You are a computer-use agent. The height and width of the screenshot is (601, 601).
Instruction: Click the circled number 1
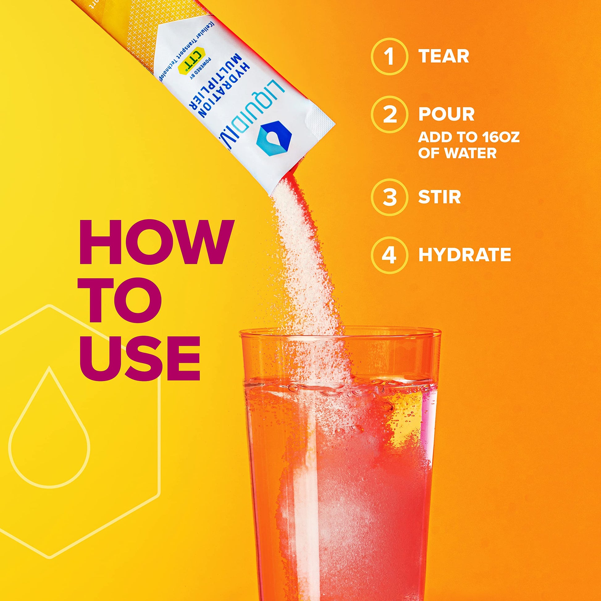(x=389, y=57)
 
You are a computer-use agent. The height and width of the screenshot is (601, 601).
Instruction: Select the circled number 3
(x=389, y=197)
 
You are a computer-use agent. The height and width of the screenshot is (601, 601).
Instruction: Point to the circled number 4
(x=389, y=255)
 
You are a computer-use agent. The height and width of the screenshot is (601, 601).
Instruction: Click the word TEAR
(x=443, y=56)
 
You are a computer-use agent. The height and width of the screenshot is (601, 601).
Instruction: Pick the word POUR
(x=446, y=114)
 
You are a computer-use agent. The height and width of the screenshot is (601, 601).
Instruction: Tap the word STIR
(x=439, y=197)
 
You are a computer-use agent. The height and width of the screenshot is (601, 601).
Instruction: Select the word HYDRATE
(x=465, y=255)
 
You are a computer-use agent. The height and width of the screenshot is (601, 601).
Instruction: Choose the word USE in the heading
(x=140, y=358)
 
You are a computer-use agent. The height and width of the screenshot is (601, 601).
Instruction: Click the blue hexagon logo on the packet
(x=273, y=139)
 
